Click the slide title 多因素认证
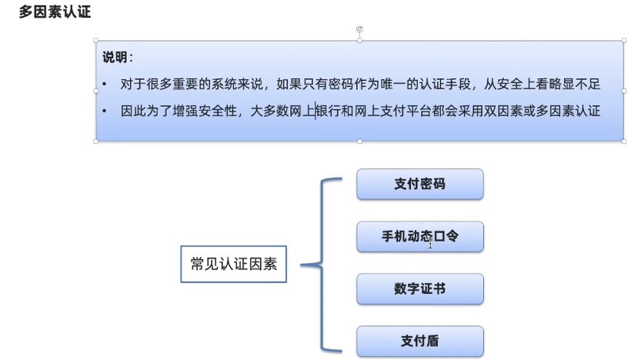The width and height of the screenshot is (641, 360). point(55,12)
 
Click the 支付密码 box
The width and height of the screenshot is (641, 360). point(419,185)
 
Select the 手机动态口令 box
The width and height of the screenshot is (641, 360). point(419,236)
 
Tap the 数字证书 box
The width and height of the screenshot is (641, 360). point(419,288)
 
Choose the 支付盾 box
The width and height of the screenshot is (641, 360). point(419,340)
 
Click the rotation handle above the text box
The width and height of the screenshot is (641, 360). point(359,29)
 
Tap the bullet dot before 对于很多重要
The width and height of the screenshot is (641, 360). point(105,85)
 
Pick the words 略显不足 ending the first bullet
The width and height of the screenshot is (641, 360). point(573,84)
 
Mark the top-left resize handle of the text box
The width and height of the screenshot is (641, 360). point(95,40)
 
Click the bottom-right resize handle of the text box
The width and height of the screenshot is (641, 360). point(623,142)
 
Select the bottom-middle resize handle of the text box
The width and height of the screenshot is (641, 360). point(359,142)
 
